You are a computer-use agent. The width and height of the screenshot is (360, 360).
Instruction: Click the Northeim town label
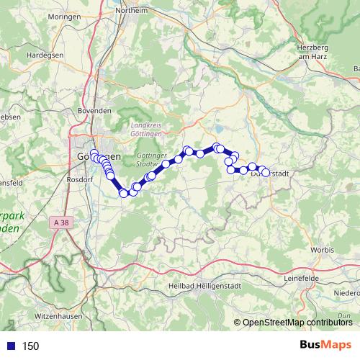pos(135,11)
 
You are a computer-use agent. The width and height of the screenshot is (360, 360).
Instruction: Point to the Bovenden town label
pos(94,111)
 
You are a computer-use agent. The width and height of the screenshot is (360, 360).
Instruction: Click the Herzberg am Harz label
pos(312,51)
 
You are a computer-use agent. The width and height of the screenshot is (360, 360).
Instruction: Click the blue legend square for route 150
pos(11,346)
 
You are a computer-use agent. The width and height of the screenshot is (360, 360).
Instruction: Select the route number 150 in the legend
pos(30,346)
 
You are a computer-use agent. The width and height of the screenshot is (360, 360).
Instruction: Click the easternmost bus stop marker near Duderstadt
pos(266,173)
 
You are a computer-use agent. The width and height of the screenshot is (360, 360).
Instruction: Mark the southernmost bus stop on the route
pos(124,193)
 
